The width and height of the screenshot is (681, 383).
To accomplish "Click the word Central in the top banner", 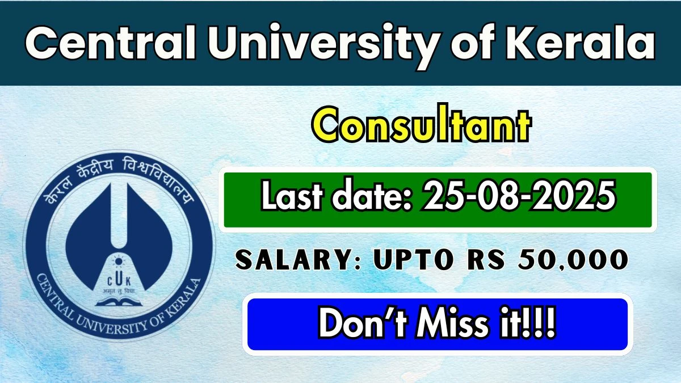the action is [110, 43].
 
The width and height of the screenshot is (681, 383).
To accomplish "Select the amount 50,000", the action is [573, 260].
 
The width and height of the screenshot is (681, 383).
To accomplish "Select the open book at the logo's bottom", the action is [119, 302].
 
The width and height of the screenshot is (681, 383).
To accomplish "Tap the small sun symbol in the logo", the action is [118, 261].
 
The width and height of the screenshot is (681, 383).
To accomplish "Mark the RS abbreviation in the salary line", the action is [486, 260].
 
